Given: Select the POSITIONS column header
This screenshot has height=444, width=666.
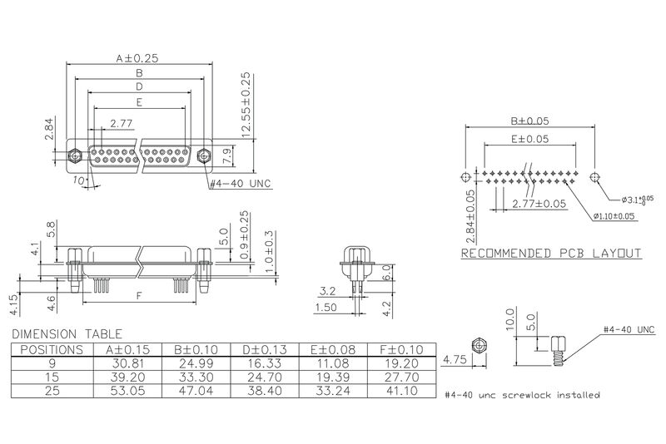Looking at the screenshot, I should click(x=51, y=349).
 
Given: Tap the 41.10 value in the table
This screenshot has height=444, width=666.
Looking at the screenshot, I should click(x=404, y=389).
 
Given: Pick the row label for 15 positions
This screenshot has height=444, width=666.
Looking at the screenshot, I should click(x=51, y=376).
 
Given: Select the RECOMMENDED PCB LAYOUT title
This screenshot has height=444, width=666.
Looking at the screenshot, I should click(x=551, y=253).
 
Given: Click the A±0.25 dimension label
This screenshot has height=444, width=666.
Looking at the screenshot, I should click(x=137, y=58).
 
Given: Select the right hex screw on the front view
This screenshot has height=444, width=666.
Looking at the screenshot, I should click(x=204, y=155).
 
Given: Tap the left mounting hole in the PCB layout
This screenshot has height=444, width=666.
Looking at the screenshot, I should click(x=465, y=177).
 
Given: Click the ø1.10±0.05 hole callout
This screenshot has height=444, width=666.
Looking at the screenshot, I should click(x=616, y=216).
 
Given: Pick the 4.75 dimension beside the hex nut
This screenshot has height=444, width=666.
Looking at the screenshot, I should click(x=453, y=362).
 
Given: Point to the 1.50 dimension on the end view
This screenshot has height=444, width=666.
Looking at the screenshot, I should click(x=326, y=307).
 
